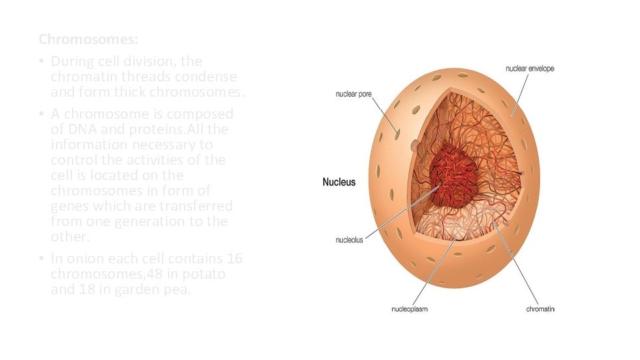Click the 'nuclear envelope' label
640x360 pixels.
530,69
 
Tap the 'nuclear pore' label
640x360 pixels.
353,94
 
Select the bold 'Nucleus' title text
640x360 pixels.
339,182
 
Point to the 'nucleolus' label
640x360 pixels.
349,240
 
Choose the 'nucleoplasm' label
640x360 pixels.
409,309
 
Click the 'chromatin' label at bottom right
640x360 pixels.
540,309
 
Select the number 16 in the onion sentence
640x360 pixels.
235,259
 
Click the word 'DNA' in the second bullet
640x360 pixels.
79,129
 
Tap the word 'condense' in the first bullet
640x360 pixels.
213,77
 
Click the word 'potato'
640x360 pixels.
203,274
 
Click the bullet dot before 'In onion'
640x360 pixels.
41,259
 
